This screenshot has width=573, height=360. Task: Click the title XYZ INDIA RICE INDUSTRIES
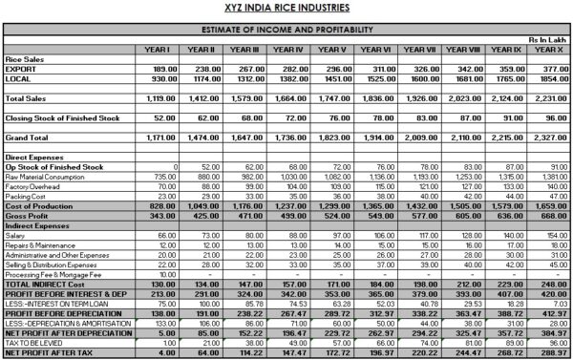click(286, 8)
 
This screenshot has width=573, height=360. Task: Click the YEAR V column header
click(332, 49)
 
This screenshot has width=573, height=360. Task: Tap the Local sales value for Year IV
click(290, 79)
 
